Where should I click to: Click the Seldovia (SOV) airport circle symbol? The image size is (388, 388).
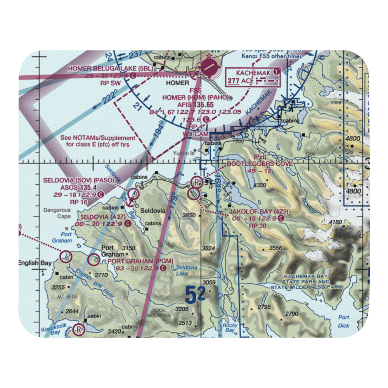click(133, 193)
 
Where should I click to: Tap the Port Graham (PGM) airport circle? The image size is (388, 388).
click(94, 260)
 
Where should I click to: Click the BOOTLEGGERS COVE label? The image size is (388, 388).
click(260, 164)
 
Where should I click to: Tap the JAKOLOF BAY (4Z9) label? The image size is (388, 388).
click(258, 212)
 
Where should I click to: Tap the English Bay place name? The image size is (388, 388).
click(35, 263)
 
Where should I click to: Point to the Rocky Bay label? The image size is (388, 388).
click(229, 328)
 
